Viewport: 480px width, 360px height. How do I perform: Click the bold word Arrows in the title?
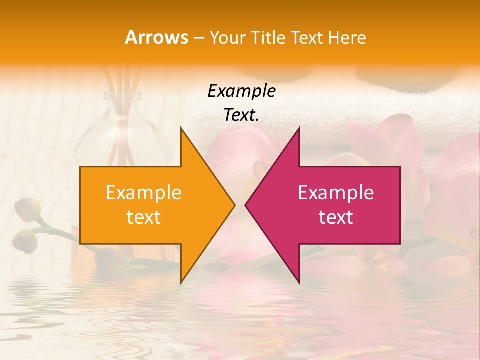coord(156,37)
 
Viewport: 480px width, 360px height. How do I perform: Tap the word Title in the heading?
coord(268,38)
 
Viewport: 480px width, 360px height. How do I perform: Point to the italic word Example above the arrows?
coord(242,91)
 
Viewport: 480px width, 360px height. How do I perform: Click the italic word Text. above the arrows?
coord(242,115)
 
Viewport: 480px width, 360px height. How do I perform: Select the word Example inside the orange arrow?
coord(144,193)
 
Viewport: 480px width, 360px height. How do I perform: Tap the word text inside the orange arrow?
coord(144,217)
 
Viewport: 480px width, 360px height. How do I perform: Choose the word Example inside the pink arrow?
coord(336,193)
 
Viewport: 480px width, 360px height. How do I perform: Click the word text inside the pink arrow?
coord(336,217)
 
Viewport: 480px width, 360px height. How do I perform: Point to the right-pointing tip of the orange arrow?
coord(234,205)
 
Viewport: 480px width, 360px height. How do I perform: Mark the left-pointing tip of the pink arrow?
coord(245,205)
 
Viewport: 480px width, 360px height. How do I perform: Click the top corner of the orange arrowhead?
coord(181,127)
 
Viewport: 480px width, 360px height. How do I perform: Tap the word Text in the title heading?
coord(306,38)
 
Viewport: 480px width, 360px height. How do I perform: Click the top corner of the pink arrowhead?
coord(299,127)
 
